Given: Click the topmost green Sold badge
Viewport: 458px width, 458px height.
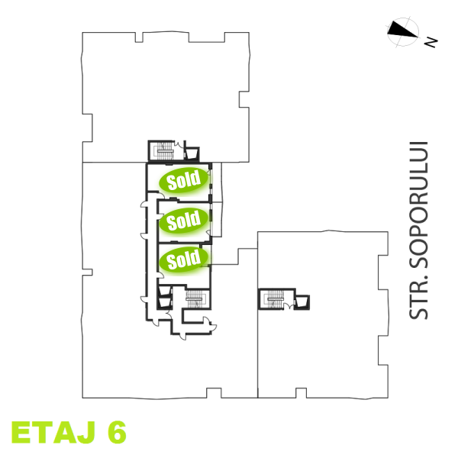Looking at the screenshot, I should [x=183, y=180].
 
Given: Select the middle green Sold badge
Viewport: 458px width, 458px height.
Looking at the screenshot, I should [x=183, y=221].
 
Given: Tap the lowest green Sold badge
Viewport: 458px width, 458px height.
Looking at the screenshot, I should [x=183, y=260].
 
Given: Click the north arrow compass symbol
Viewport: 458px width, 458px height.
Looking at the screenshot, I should [x=403, y=31].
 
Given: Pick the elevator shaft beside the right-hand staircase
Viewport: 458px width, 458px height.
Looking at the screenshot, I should [x=303, y=301].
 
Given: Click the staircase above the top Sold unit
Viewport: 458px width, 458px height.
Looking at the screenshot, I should [x=164, y=150].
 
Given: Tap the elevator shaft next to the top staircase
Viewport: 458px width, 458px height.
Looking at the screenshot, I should [x=191, y=152].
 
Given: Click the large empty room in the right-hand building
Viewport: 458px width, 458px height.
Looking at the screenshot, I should [x=321, y=351].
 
